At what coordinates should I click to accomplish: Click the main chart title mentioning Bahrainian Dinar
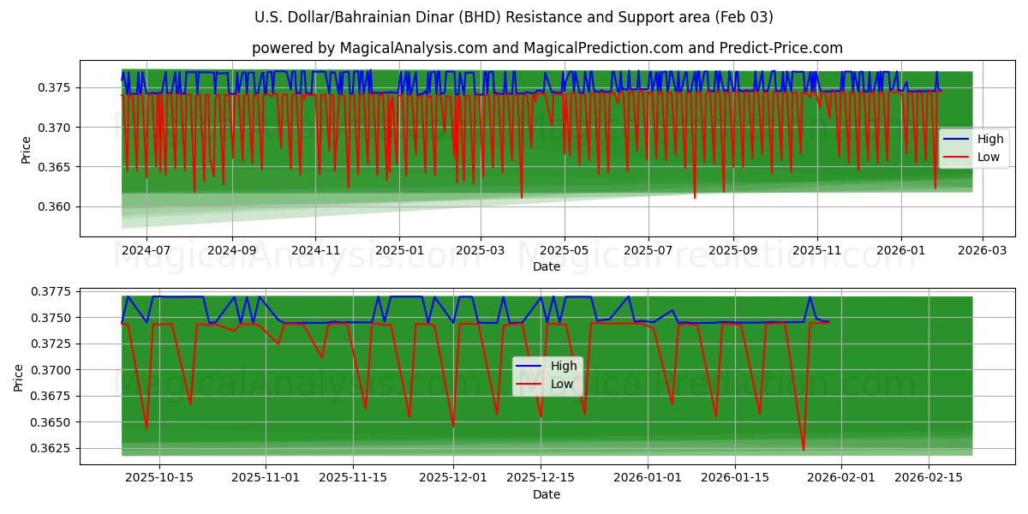[x=514, y=17]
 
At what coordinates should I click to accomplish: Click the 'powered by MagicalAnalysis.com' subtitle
[x=547, y=48]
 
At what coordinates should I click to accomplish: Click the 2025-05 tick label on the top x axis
[x=564, y=249]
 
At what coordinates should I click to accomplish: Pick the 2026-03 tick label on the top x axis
[x=982, y=249]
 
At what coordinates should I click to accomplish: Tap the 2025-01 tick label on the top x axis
[x=398, y=249]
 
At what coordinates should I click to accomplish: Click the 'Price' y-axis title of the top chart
[x=26, y=150]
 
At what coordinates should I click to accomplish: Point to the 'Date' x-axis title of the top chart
[x=547, y=266]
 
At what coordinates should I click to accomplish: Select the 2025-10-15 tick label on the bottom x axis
[x=159, y=477]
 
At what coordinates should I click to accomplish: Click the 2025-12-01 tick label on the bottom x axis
[x=453, y=477]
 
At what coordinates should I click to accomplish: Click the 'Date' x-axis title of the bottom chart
[x=547, y=494]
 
